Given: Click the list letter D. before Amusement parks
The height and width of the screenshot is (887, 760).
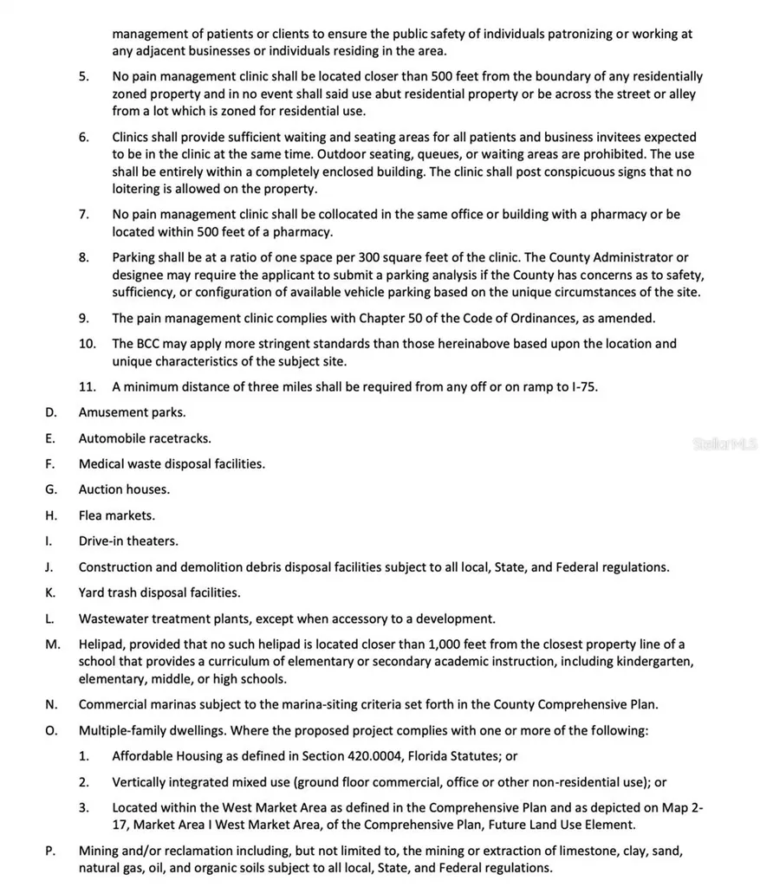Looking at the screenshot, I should [x=51, y=412].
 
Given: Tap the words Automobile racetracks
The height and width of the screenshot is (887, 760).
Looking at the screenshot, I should [x=133, y=438].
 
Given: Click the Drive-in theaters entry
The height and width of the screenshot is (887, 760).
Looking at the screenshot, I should [x=128, y=541].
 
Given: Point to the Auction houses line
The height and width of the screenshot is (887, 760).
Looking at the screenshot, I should [x=124, y=489].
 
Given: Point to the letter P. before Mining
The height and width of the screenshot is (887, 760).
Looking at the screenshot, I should [x=51, y=851].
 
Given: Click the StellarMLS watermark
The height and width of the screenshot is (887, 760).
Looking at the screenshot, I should [x=724, y=443].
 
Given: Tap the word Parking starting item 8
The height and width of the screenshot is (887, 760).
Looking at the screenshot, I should [x=136, y=257].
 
